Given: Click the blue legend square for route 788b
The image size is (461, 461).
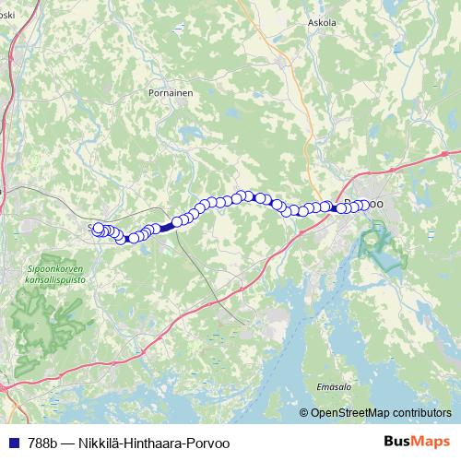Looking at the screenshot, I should pyautogui.click(x=10, y=442).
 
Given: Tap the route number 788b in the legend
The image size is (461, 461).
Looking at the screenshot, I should pyautogui.click(x=38, y=442).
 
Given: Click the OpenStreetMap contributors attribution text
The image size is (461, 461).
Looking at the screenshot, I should pyautogui.click(x=381, y=412).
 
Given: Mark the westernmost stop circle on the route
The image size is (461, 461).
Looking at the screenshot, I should pyautogui.click(x=99, y=228).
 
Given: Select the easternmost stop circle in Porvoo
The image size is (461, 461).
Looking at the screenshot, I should pyautogui.click(x=364, y=205).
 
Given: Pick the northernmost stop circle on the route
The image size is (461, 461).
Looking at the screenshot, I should pyautogui.click(x=247, y=195).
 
